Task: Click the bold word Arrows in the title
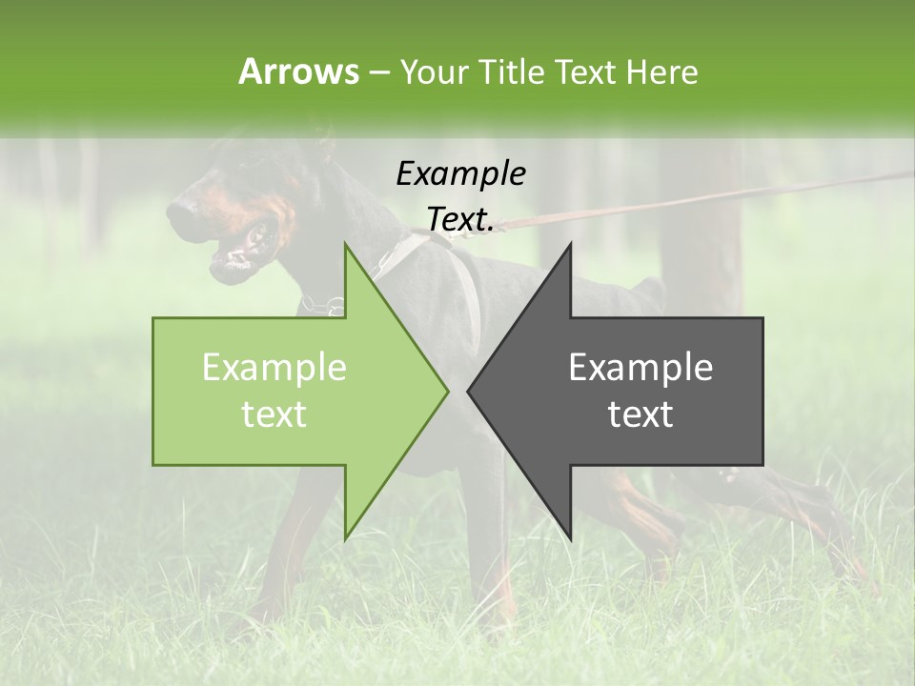point(298,71)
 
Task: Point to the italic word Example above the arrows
point(460,173)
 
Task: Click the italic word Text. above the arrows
point(460,219)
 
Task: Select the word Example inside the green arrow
point(274,368)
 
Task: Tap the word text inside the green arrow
point(274,414)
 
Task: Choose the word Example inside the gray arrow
point(640,368)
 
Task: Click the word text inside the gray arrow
point(640,414)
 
